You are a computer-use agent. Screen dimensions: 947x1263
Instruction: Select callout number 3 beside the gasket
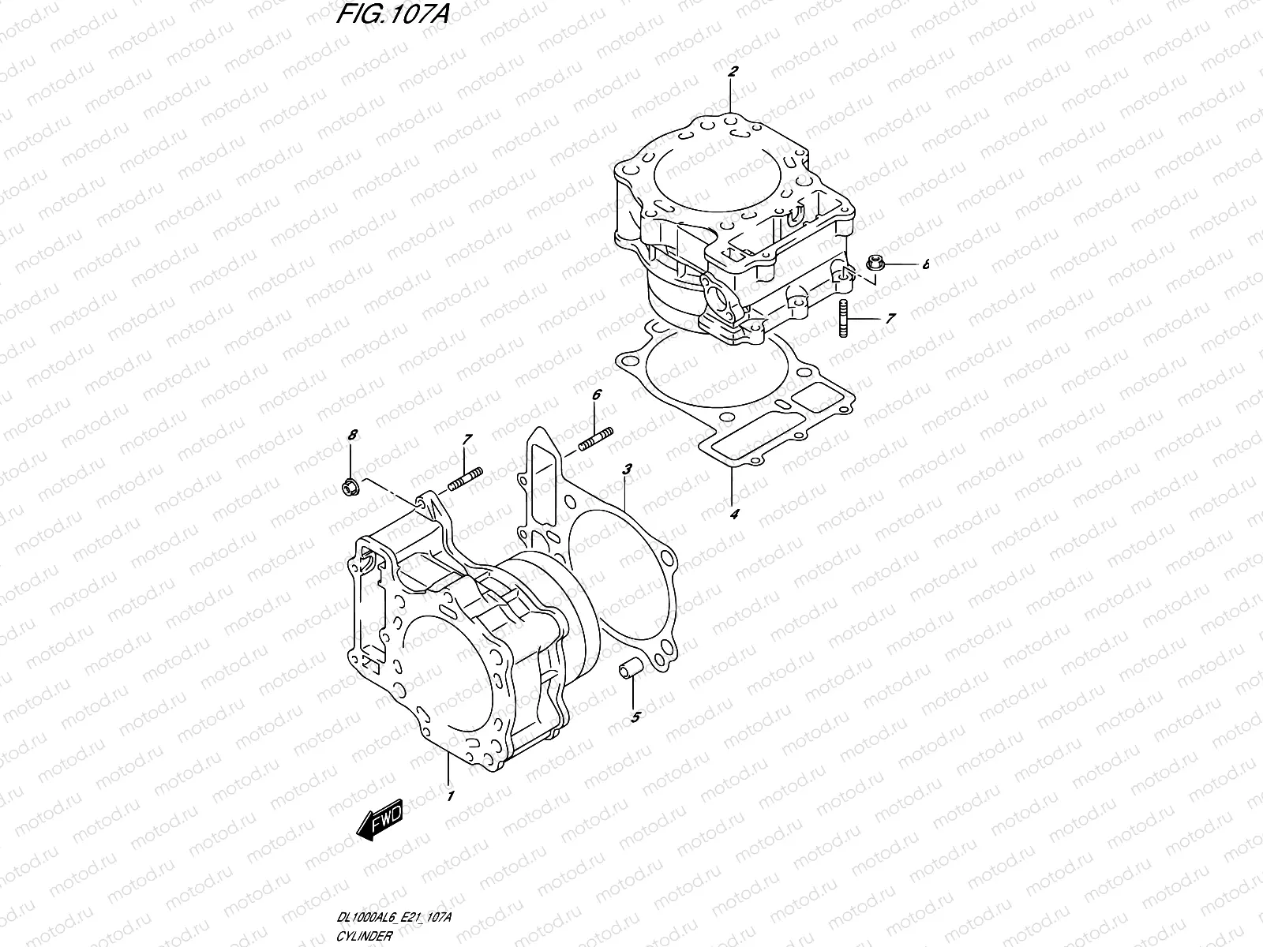click(x=627, y=470)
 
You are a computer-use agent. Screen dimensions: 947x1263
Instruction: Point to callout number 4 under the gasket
click(x=734, y=515)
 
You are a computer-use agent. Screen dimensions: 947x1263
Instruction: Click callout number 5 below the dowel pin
click(x=635, y=717)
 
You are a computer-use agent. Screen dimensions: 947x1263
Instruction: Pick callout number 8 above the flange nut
click(x=353, y=435)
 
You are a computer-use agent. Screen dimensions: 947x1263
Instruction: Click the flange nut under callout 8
click(x=348, y=488)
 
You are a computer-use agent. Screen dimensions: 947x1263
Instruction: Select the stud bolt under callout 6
click(x=597, y=440)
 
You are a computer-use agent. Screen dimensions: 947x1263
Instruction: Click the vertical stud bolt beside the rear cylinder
click(x=844, y=320)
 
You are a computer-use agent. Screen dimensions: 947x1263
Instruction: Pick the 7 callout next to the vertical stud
click(x=890, y=319)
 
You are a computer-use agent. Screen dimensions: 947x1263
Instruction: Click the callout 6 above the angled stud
click(x=597, y=394)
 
